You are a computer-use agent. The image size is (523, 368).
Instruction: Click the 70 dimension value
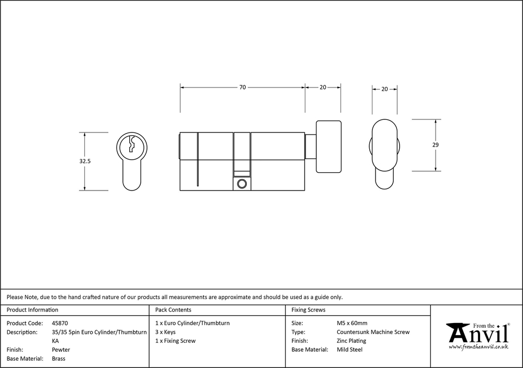243,87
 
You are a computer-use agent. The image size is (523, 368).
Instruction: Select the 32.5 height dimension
85,161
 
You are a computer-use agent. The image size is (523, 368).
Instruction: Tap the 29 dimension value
435,145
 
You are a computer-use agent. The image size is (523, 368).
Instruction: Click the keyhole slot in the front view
132,144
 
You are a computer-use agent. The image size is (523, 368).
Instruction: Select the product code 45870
60,324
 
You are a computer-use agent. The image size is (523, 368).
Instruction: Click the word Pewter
61,350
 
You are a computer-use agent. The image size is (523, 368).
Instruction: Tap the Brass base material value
59,359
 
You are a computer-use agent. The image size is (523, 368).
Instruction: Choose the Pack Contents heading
173,310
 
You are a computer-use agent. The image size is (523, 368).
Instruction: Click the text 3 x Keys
165,332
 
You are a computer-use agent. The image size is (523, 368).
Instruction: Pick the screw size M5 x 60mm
352,324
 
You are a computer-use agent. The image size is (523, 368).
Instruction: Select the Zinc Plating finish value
351,341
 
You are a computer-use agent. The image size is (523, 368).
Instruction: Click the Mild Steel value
349,350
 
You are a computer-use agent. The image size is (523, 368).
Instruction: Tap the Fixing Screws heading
308,310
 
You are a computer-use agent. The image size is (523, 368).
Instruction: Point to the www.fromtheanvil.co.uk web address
479,347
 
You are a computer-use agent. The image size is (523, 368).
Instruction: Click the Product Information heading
32,310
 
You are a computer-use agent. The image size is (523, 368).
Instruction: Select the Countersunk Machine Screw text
373,332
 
